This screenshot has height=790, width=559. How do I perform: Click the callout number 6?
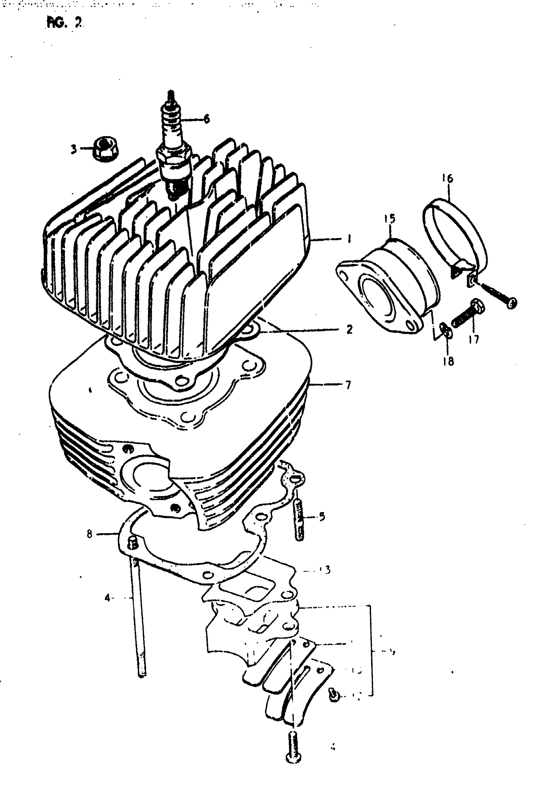point(206,119)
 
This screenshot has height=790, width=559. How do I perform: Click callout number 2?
point(349,330)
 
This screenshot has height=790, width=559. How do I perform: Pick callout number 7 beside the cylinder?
point(348,384)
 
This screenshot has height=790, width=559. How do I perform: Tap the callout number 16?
point(448,179)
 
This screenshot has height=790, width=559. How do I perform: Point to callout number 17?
point(474,340)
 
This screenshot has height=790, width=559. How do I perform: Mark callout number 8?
point(89,534)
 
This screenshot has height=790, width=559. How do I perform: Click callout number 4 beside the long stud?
point(108,598)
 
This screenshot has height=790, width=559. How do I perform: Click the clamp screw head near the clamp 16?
point(512,303)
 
